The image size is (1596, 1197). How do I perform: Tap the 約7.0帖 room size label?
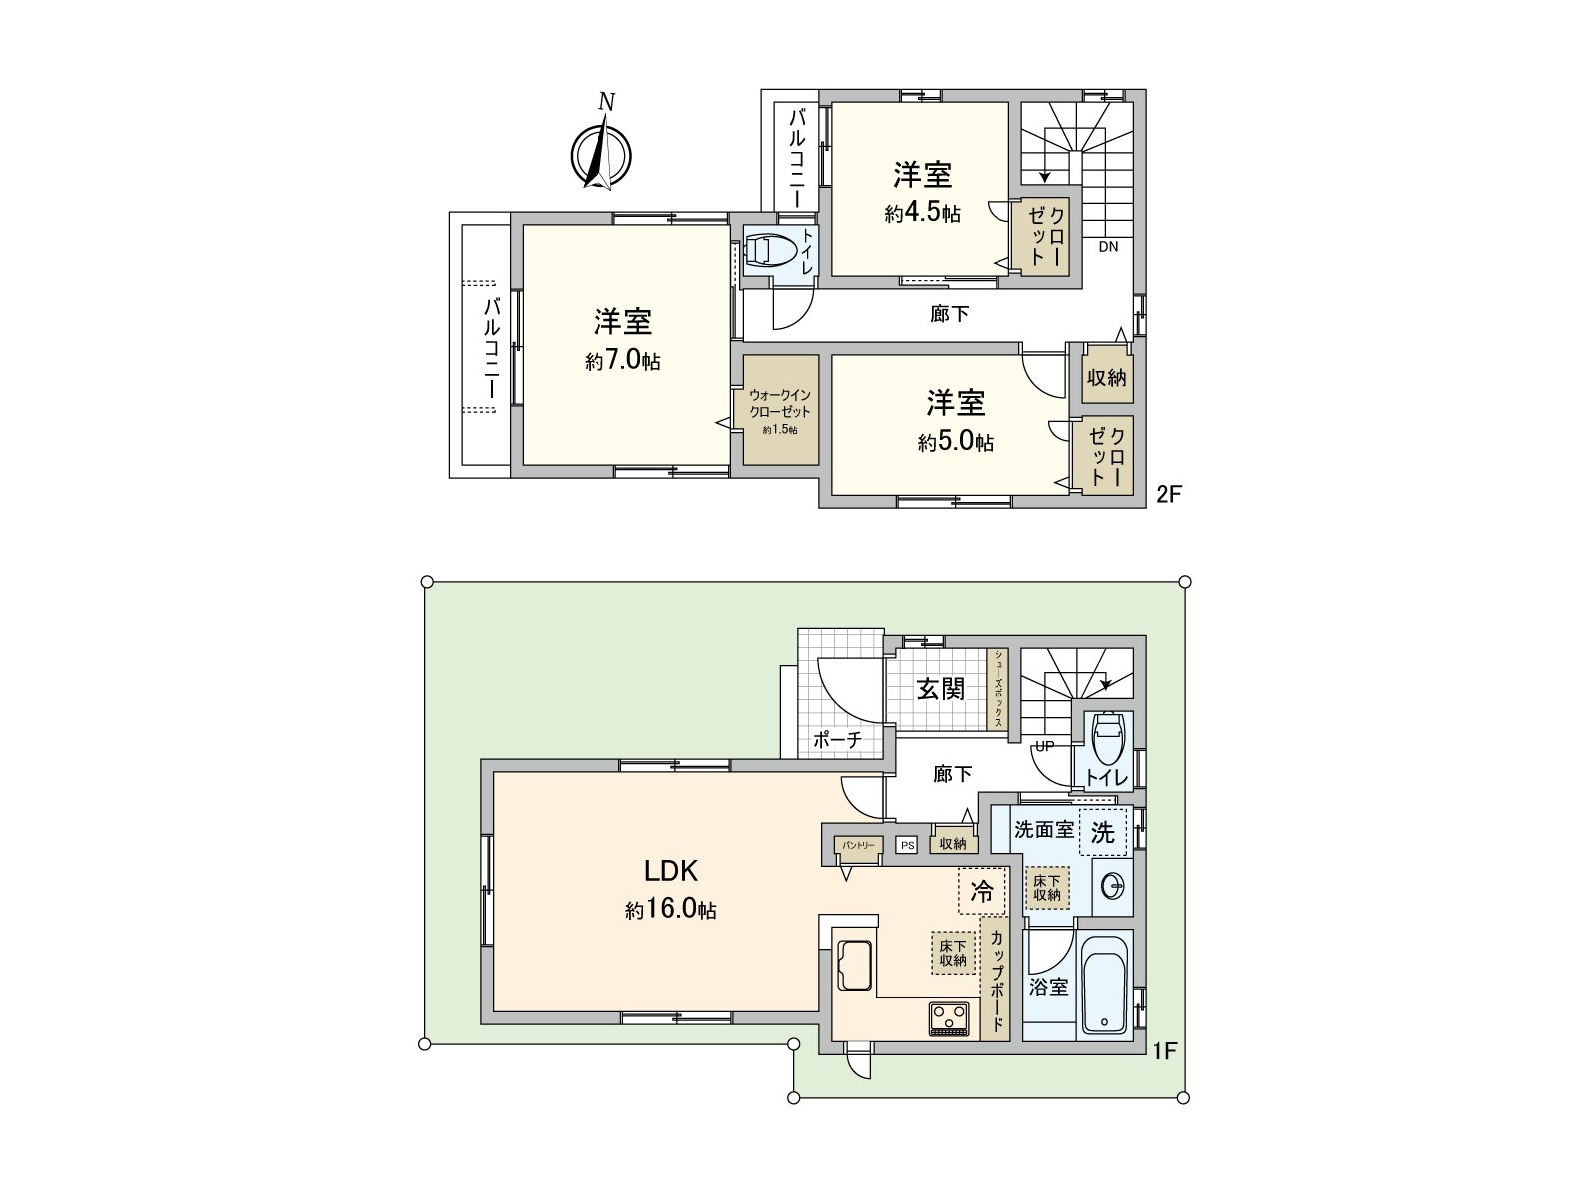622,361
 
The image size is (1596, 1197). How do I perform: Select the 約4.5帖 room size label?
922,213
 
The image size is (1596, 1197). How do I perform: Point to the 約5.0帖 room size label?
956,442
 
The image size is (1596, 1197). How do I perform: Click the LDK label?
670,871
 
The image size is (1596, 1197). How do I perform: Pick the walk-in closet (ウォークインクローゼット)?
780,410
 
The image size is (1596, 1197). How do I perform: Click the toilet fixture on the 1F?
1107,738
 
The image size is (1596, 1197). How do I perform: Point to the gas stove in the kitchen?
949,1018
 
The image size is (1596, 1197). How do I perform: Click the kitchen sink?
854,964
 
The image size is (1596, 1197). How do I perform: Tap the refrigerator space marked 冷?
982,891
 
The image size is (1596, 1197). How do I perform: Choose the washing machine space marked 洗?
1102,832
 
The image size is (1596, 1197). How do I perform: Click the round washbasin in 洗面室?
1112,886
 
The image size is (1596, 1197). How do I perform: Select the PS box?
906,845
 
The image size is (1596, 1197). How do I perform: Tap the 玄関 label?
940,688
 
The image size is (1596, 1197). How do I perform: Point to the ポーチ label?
837,740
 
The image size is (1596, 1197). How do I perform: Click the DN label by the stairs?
1108,248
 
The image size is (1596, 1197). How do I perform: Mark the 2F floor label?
1168,493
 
